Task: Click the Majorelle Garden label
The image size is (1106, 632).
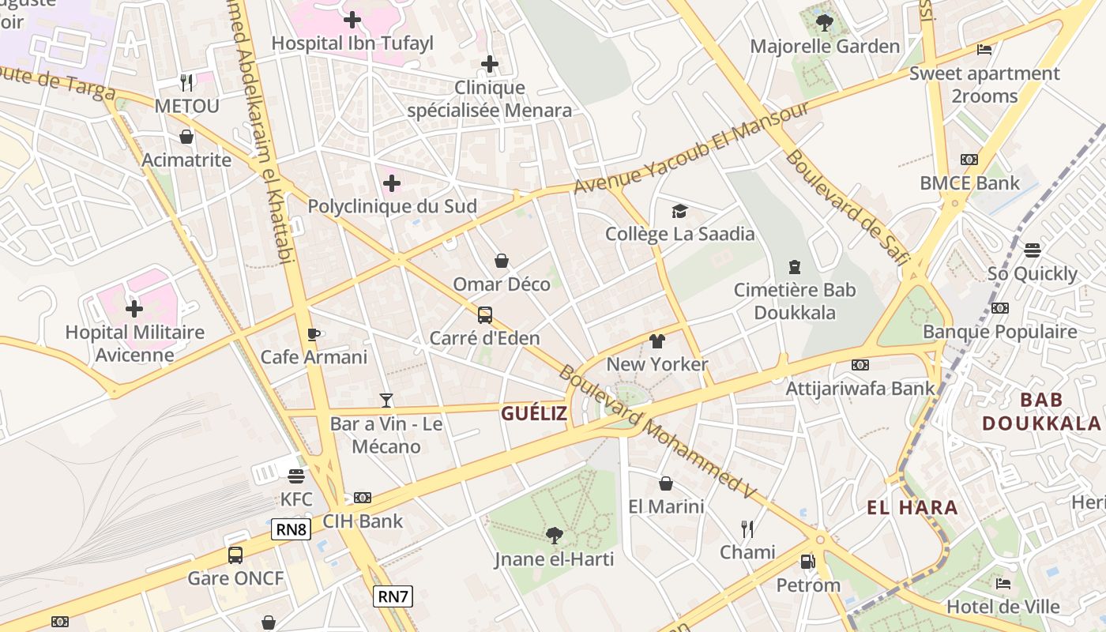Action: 825,47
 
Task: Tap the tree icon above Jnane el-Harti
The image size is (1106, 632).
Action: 555,536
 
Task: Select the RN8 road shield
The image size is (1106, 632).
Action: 291,529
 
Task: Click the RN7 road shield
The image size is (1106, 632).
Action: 393,596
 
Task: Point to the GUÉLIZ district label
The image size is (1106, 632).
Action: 534,413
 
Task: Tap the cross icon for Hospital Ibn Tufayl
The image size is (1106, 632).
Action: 352,20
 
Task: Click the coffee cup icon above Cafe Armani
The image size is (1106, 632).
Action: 314,334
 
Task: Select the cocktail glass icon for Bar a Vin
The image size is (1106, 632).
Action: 386,401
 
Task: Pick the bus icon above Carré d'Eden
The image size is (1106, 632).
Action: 484,315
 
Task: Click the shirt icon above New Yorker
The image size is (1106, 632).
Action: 656,341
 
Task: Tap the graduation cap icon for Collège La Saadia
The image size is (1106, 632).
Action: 679,211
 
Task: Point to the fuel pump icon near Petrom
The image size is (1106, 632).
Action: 807,562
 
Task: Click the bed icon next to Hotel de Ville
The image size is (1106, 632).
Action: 1003,584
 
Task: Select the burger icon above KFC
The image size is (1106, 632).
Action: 296,476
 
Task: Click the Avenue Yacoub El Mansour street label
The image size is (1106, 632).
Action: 691,148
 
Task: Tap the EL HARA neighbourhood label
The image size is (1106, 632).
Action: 912,508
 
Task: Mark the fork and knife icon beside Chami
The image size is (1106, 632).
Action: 747,529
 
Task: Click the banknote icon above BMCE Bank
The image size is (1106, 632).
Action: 969,160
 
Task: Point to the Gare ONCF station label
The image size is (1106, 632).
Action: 235,578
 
